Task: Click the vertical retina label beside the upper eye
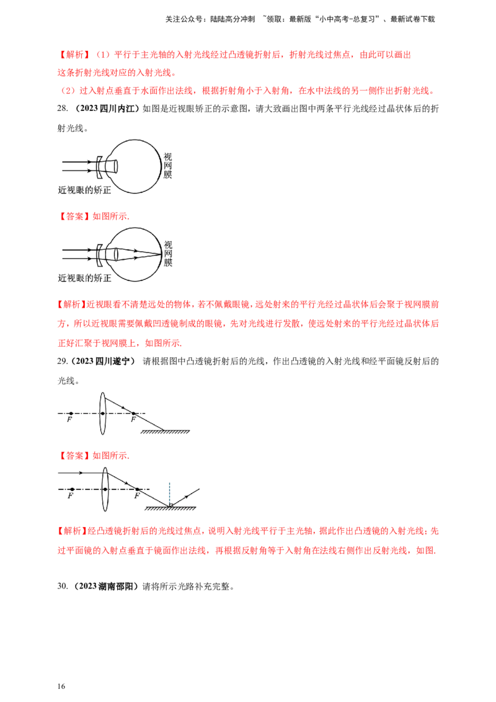point(169,164)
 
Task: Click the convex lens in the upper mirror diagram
point(104,414)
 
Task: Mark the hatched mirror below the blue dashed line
point(171,508)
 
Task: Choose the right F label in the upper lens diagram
point(132,419)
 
